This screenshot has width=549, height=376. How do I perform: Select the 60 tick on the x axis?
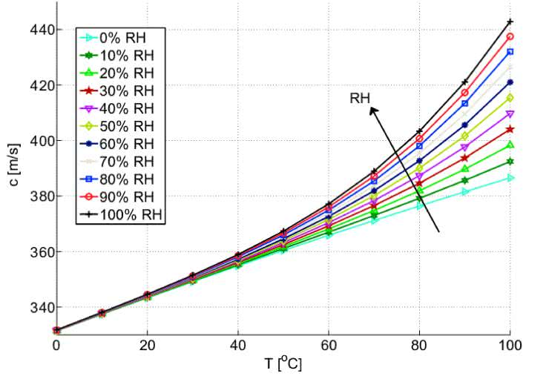(329, 345)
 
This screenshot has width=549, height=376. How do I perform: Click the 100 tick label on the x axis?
(510, 345)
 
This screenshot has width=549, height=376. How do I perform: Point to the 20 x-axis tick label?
(148, 345)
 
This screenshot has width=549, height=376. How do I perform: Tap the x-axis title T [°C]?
(283, 363)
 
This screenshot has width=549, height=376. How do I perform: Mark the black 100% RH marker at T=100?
(510, 22)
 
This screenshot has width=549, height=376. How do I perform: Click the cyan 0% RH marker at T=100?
(510, 178)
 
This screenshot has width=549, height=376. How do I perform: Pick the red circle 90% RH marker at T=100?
(510, 36)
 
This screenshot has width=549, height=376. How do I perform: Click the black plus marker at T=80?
(419, 131)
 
